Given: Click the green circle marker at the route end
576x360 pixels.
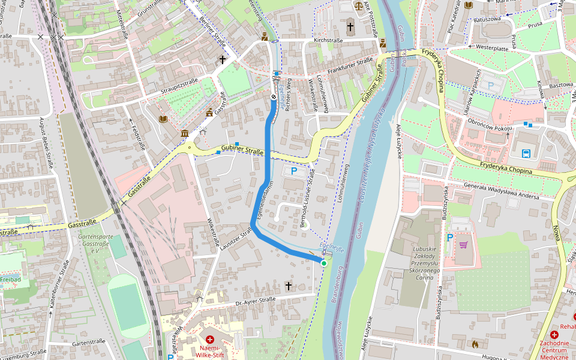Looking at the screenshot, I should (324, 263).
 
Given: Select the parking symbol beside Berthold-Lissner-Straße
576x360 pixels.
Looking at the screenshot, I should (293, 172).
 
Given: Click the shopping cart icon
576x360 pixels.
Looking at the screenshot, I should (463, 245).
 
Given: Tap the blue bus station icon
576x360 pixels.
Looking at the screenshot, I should (526, 154).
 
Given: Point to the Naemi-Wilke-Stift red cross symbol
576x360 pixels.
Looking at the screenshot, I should (209, 340).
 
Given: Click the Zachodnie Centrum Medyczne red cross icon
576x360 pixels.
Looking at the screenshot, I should (554, 334).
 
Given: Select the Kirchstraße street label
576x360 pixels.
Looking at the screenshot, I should (327, 40).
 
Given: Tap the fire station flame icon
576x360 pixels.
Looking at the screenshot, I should (475, 344).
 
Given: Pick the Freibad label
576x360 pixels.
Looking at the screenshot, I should (11, 279).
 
